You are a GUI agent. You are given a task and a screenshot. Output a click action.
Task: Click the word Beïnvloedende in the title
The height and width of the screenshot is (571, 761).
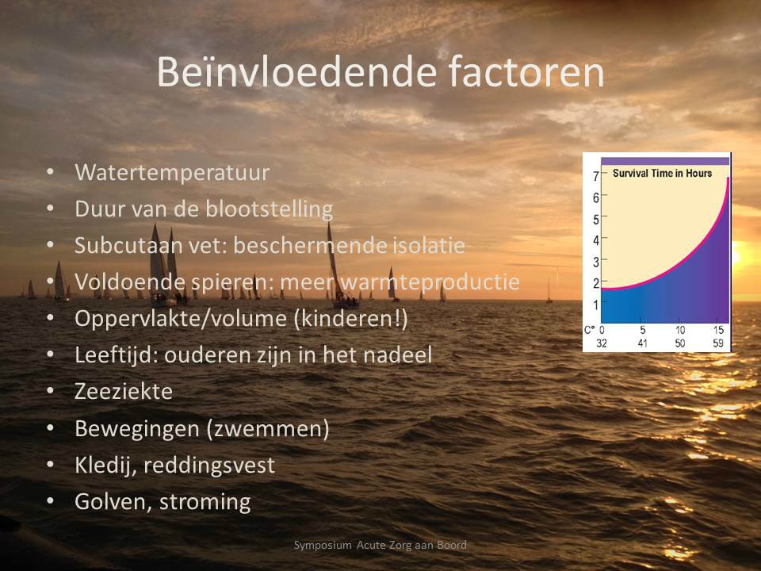297,72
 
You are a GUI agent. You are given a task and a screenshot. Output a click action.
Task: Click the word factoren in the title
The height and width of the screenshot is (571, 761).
526,72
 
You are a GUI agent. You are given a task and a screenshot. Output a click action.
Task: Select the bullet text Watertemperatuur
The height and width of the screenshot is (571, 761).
172,172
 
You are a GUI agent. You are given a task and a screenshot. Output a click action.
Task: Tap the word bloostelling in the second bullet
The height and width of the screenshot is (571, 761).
269,209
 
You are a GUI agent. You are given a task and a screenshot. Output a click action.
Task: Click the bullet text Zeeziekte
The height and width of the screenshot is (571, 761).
124,391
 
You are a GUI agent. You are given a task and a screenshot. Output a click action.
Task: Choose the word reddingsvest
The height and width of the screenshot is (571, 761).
209,465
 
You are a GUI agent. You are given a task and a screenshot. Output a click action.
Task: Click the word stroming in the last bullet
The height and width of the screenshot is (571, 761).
205,501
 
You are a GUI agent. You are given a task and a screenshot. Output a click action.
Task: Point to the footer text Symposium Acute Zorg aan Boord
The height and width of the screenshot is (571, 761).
380,545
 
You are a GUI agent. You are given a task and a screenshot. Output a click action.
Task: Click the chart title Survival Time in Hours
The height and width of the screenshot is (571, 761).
662,174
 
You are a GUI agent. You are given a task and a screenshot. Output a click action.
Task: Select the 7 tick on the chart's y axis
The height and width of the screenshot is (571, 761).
596,176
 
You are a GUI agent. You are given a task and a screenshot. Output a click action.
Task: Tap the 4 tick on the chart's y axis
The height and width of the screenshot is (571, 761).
596,240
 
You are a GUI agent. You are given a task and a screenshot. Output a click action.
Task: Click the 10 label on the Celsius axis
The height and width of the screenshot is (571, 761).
680,330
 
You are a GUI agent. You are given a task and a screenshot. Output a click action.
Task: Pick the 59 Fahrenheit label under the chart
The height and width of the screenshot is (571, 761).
718,343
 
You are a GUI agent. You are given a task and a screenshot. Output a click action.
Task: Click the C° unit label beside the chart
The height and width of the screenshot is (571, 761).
589,330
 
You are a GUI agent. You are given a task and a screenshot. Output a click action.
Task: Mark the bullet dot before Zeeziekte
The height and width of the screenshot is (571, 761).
51,391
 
